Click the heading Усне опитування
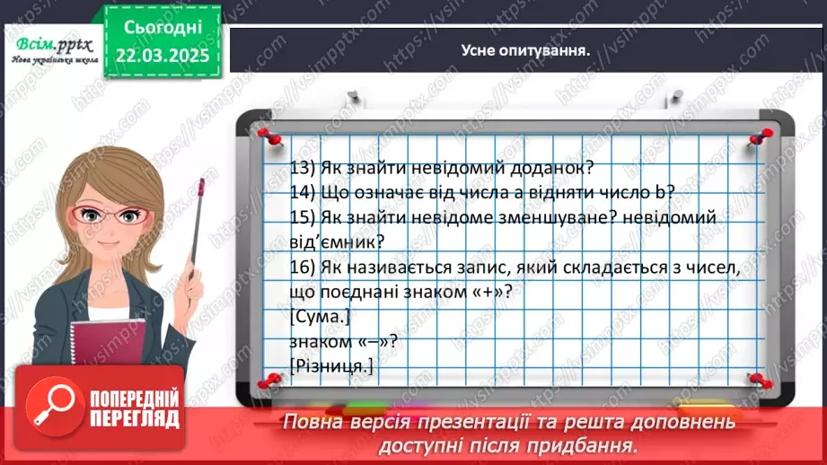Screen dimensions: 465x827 [x=525, y=50]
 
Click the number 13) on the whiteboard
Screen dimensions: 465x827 [x=304, y=168]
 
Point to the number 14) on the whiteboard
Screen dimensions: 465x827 [x=304, y=193]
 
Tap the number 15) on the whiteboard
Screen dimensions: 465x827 [x=304, y=218]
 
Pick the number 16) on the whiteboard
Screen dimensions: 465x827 [x=304, y=268]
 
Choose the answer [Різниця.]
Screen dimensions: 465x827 [x=330, y=366]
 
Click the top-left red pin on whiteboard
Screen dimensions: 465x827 [x=266, y=135]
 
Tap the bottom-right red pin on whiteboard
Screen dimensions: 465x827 [x=758, y=380]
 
